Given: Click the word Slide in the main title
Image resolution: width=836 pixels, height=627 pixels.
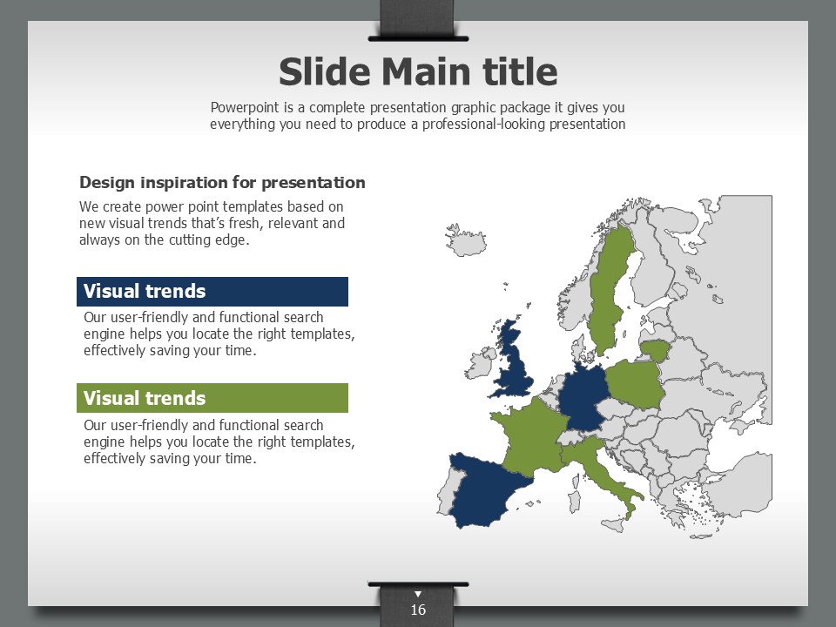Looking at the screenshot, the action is [324, 72].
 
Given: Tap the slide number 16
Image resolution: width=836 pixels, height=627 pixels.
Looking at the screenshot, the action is [418, 610].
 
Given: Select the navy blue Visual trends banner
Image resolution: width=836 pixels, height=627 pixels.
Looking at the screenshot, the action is [212, 292].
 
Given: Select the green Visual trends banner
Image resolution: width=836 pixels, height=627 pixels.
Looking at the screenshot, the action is [212, 398].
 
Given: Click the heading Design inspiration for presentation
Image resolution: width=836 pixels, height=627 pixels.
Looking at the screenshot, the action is [222, 182].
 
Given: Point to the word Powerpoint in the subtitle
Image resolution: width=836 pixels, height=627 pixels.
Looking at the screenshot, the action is [245, 108].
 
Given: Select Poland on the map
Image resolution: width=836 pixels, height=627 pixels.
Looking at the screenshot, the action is [636, 384].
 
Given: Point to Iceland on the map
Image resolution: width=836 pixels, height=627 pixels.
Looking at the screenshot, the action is [466, 240].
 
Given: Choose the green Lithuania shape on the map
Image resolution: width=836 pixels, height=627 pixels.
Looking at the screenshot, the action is [654, 350].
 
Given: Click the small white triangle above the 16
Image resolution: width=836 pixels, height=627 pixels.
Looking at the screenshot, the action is [418, 594].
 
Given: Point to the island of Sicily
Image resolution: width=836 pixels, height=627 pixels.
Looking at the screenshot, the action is [613, 525].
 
